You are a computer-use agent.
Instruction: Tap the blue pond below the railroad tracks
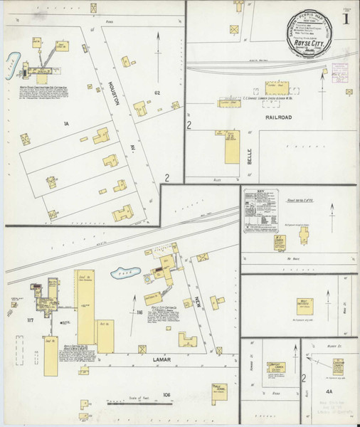coord(118,273)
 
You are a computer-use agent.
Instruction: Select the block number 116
coord(140,311)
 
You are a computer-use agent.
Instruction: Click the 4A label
coord(329,390)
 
